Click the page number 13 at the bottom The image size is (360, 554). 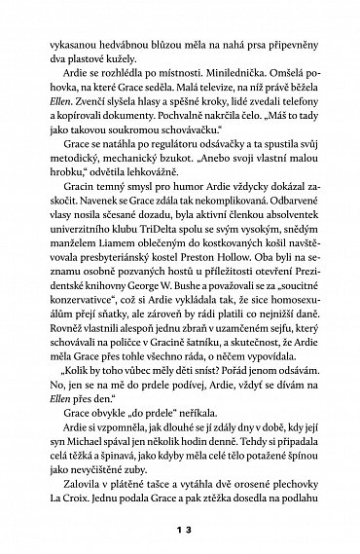pos(180,529)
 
